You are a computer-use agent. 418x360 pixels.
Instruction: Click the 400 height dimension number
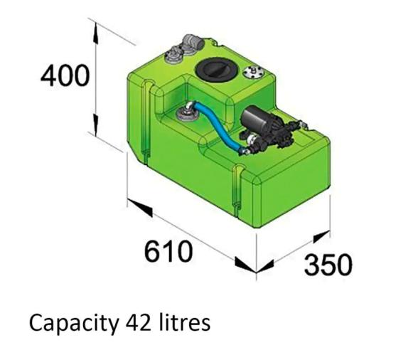pyautogui.click(x=65, y=75)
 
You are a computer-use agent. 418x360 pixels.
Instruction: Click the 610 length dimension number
pyautogui.click(x=168, y=250)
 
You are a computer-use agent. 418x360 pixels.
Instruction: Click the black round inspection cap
pyautogui.click(x=214, y=69)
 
